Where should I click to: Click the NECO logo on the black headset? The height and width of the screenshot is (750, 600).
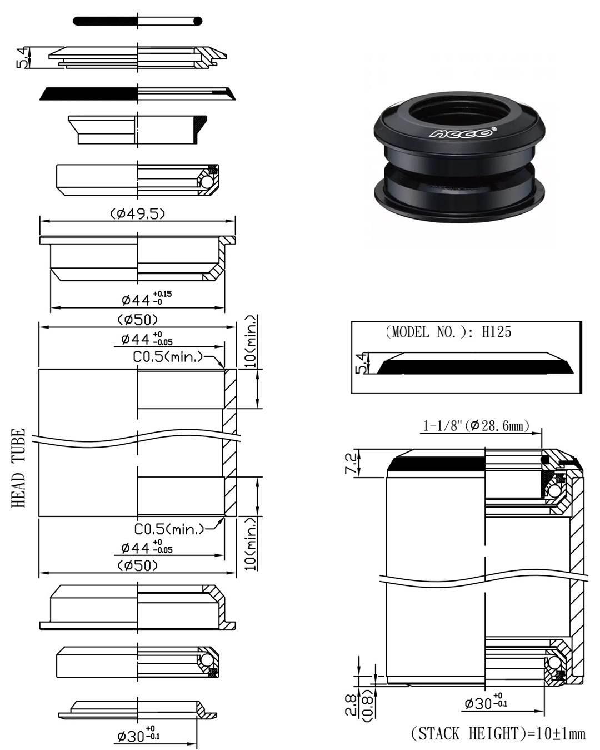point(461,133)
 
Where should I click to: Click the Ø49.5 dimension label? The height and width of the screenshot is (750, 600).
point(137,213)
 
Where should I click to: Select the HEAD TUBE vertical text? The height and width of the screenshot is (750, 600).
point(18,468)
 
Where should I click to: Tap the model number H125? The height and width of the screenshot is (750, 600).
point(496,332)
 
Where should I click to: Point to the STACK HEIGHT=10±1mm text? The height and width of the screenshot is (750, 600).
point(498,734)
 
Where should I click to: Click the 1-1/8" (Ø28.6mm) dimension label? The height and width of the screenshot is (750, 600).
point(476,426)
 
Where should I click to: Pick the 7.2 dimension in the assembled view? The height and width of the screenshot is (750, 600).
point(351,463)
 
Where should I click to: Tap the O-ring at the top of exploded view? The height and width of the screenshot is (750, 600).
point(137,21)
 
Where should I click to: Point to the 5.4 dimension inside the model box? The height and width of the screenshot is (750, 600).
point(361,363)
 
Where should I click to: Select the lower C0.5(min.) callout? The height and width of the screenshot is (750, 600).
point(169,529)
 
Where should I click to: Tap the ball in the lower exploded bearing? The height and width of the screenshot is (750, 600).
point(207,660)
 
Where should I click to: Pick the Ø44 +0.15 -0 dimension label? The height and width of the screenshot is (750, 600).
point(146,299)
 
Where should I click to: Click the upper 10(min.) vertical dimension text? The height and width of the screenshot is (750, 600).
point(251,341)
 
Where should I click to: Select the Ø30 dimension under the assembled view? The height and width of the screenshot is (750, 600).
point(485,703)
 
